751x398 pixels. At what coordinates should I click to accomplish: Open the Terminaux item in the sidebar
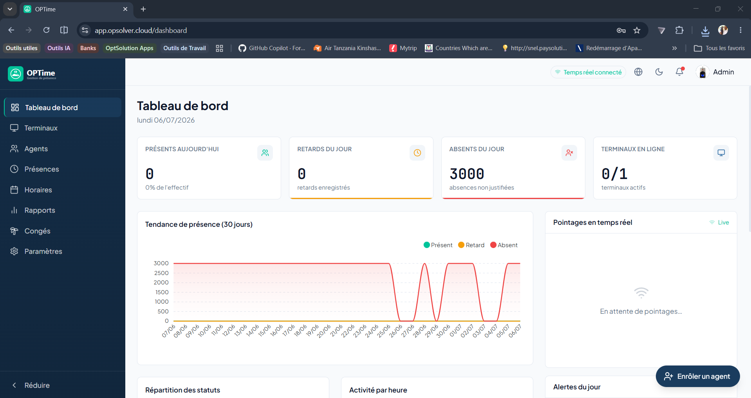click(41, 128)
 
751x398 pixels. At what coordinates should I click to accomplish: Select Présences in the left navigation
click(42, 169)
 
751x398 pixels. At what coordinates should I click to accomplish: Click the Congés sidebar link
click(37, 231)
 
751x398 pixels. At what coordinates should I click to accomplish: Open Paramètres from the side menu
click(43, 251)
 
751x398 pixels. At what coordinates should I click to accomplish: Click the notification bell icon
click(680, 72)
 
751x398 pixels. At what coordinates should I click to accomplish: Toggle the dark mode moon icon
click(659, 72)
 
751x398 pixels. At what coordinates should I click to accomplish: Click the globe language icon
click(638, 72)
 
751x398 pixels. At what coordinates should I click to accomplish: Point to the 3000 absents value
click(467, 174)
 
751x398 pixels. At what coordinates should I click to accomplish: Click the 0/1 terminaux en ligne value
click(614, 174)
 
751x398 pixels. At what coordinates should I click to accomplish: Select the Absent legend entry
click(504, 245)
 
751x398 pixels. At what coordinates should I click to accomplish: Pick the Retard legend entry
click(471, 245)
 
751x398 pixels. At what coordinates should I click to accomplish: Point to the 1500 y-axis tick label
click(162, 292)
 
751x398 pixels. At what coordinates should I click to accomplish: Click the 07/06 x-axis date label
click(169, 331)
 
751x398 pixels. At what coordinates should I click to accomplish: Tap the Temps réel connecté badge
click(588, 72)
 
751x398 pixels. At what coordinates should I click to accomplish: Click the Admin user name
click(724, 72)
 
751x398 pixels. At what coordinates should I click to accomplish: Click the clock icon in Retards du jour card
click(417, 153)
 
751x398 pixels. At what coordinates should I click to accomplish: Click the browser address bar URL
click(141, 31)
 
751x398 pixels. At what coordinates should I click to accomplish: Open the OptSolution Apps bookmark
click(130, 48)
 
